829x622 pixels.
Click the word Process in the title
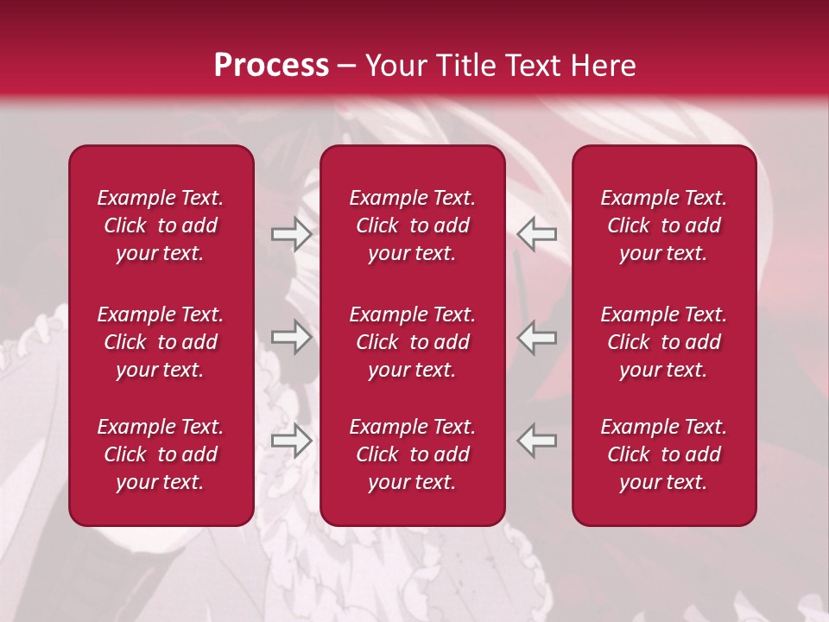[x=271, y=66]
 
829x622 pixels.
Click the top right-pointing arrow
[x=291, y=234]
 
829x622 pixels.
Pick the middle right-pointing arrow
[x=291, y=337]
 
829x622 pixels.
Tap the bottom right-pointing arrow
[x=291, y=441]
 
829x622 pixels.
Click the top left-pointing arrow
[x=537, y=234]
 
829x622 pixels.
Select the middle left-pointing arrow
[x=537, y=337]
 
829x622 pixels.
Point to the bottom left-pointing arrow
[x=537, y=441]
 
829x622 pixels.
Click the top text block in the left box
[x=161, y=225]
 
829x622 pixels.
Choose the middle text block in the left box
[x=161, y=342]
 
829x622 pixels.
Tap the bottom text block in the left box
[x=161, y=454]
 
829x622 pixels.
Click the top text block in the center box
[x=412, y=225]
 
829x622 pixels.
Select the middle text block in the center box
[x=412, y=342]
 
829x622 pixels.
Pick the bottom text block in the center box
[x=412, y=454]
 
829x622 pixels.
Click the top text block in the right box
[x=663, y=225]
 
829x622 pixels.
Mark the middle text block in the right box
[x=663, y=342]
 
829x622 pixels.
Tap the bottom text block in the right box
[x=663, y=454]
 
